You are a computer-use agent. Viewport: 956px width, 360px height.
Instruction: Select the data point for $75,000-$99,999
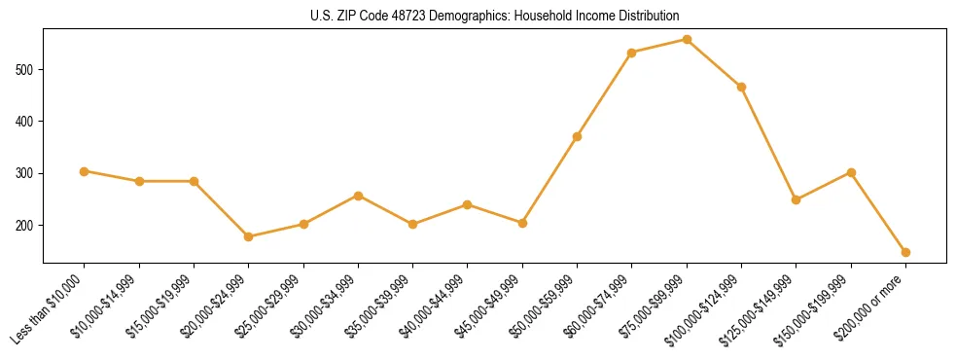coord(687,40)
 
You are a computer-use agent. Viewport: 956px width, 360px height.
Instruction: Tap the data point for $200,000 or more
coord(905,252)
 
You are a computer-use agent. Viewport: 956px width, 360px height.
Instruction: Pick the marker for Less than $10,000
coord(85,171)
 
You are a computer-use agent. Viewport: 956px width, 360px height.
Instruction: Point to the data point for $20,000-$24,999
coord(249,236)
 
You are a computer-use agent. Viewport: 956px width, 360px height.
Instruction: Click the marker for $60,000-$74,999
coord(632,53)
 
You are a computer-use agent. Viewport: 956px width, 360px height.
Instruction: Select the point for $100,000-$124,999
coord(741,87)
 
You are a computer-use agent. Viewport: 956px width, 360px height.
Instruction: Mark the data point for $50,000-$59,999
coord(577,136)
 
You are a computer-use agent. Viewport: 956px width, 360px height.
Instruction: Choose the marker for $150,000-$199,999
coord(851,172)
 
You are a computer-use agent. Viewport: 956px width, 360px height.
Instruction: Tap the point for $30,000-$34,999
coord(358,196)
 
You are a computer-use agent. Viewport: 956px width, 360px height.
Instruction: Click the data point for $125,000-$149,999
coord(796,199)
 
